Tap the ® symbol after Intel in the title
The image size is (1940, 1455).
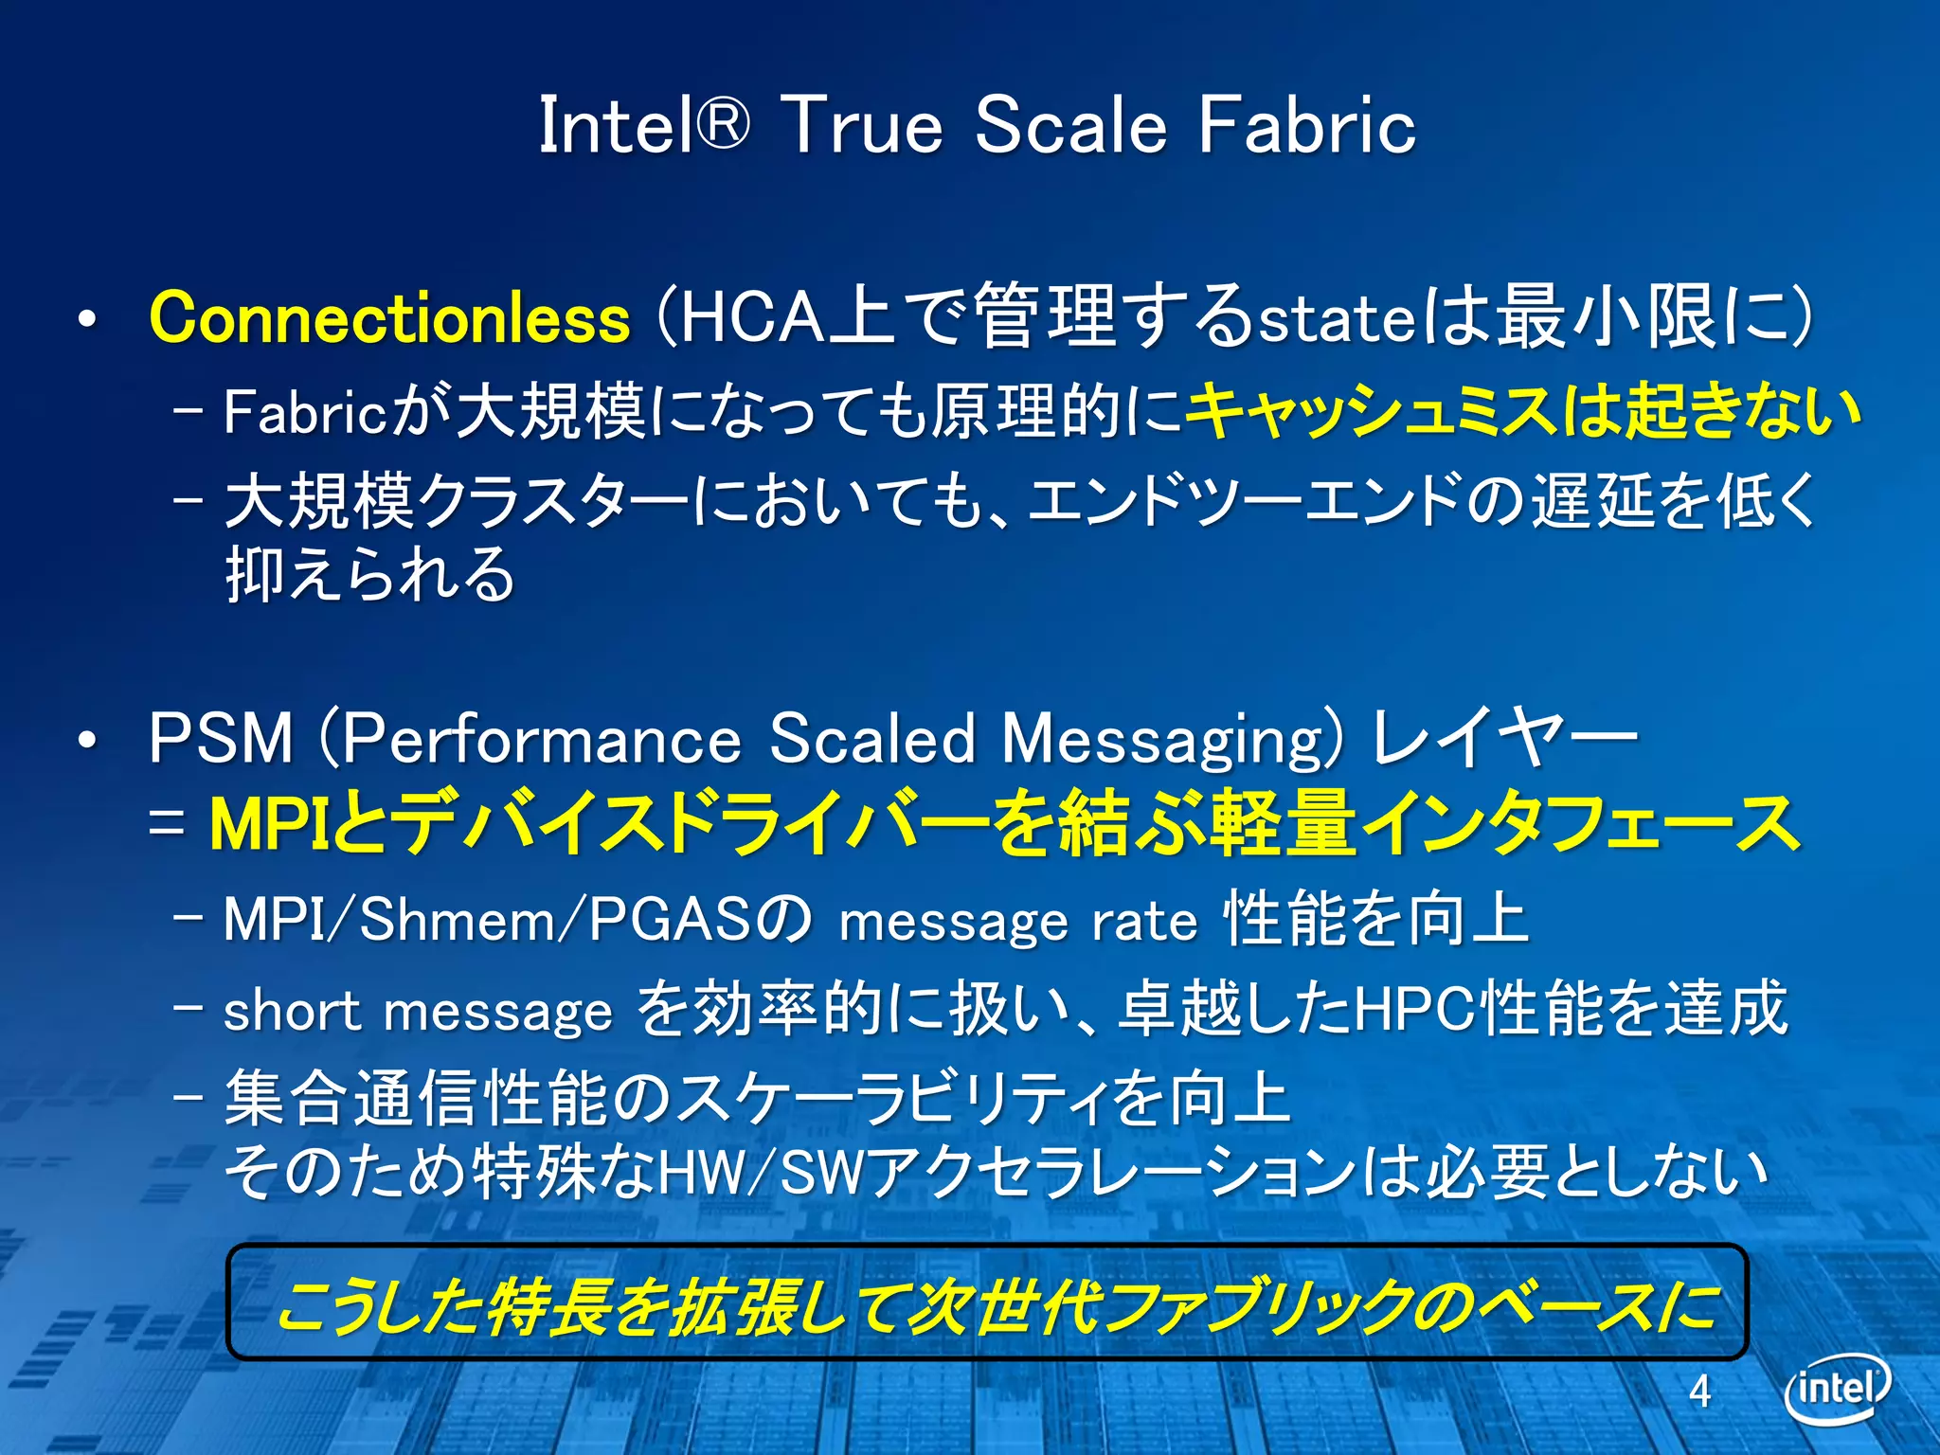point(725,124)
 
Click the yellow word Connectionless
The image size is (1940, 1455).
point(389,318)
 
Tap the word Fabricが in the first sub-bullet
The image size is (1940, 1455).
point(336,412)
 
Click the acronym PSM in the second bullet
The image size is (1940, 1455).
point(221,739)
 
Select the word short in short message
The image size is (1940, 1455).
point(292,1010)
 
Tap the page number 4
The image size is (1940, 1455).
point(1699,1391)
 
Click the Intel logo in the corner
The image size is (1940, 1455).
point(1837,1389)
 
